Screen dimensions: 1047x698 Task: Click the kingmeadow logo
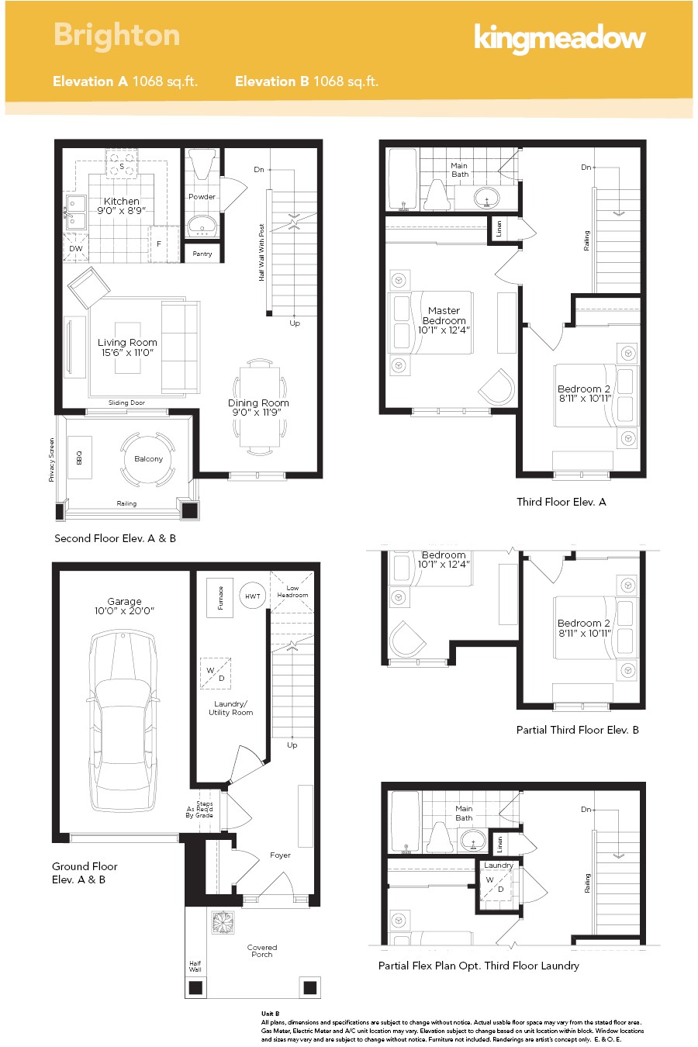(559, 37)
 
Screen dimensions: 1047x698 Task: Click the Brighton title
(116, 35)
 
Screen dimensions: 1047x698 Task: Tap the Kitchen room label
(122, 201)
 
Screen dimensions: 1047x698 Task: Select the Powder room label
(202, 197)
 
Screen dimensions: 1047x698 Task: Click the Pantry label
(202, 254)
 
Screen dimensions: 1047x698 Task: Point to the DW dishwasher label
(76, 249)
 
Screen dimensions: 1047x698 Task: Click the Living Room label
(127, 342)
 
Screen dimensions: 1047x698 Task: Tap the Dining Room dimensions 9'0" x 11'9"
(258, 413)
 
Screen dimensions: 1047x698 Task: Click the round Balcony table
(148, 459)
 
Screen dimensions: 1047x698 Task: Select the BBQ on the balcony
(78, 458)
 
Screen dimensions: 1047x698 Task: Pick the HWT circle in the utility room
(253, 596)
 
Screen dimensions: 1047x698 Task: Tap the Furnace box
(220, 597)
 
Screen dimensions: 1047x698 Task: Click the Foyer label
(280, 855)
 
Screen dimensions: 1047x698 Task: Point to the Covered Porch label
(262, 951)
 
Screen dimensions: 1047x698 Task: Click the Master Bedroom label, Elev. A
(444, 316)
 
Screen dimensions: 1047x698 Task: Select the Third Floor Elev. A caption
(562, 502)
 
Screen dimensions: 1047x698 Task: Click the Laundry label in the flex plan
(498, 866)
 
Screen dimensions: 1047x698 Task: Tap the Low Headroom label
(292, 592)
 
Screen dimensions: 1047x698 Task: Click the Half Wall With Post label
(262, 253)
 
